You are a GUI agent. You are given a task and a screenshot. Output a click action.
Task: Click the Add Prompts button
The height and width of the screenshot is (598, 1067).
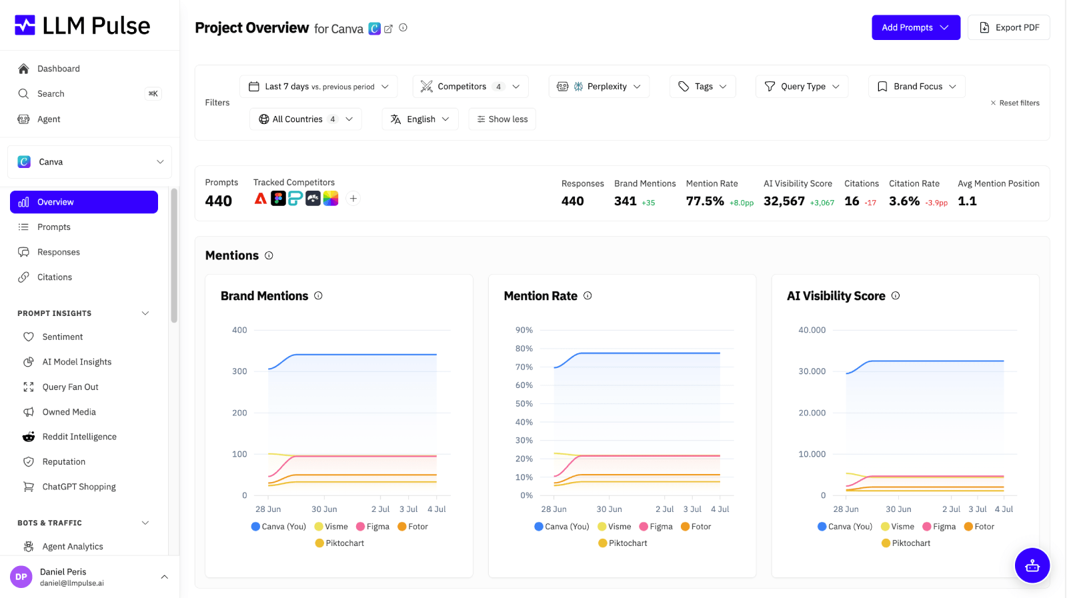916,27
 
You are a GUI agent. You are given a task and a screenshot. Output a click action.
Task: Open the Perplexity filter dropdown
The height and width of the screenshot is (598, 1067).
599,86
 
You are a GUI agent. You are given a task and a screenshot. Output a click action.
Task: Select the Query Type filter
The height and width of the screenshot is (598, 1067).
802,86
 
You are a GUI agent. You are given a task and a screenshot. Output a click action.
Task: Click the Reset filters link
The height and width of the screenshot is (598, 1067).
1014,103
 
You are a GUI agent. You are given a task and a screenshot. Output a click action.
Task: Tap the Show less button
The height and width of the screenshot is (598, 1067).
502,119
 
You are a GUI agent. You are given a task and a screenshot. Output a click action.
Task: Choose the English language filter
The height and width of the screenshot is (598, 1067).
419,119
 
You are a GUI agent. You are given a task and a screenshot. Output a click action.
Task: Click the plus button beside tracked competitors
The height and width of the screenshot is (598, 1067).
353,199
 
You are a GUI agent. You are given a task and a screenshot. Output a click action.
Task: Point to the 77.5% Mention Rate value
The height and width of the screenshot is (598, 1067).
705,201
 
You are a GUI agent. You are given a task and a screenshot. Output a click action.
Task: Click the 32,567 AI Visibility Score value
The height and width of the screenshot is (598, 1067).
784,201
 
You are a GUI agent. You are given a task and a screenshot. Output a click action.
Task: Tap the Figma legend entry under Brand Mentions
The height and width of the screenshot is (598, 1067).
373,527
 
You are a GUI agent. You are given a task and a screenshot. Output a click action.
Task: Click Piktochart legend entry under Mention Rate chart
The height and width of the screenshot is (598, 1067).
623,543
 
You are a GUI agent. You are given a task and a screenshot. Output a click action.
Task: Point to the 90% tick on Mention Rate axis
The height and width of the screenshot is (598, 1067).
524,330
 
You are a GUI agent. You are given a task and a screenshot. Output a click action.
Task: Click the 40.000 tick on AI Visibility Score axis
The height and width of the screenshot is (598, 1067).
812,330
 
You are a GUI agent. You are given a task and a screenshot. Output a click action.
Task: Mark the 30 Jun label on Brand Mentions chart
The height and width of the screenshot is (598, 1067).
324,509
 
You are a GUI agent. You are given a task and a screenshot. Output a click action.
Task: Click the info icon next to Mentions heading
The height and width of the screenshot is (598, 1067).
269,256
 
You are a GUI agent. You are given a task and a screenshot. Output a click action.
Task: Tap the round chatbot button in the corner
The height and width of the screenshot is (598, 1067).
1032,565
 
